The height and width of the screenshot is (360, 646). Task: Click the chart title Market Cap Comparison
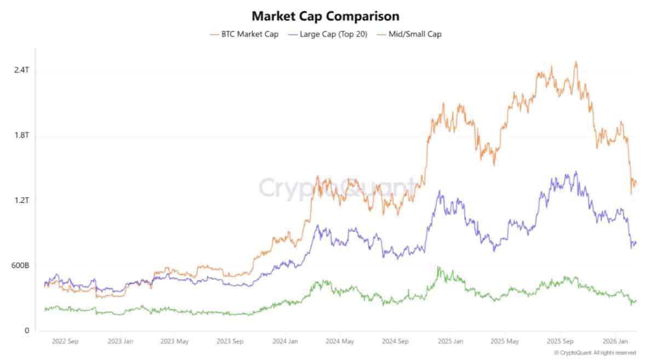click(x=326, y=16)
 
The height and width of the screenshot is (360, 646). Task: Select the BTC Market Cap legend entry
click(x=244, y=34)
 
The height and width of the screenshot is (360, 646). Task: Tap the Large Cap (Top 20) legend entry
click(x=328, y=34)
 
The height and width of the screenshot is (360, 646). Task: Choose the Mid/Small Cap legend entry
click(x=409, y=34)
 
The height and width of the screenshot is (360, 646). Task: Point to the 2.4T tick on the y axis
click(x=22, y=69)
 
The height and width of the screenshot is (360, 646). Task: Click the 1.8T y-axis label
click(x=22, y=135)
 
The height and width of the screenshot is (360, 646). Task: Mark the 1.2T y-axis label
click(x=22, y=200)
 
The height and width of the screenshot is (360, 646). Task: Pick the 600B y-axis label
click(x=20, y=265)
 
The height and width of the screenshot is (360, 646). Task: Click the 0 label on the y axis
click(x=27, y=330)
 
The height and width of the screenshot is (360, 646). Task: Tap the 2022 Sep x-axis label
click(x=65, y=341)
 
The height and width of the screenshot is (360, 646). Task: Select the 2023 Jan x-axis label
click(x=120, y=341)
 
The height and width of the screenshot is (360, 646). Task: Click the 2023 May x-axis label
click(x=174, y=341)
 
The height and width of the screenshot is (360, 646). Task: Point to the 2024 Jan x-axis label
click(x=285, y=341)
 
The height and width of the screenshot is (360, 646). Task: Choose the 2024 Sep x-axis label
click(x=395, y=341)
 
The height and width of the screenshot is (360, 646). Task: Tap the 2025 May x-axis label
click(x=505, y=341)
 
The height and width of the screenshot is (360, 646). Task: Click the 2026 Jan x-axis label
click(x=615, y=341)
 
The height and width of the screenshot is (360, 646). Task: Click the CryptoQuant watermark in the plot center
click(x=337, y=188)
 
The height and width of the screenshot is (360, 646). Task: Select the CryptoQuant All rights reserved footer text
click(x=595, y=352)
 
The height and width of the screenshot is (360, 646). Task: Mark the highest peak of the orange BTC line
click(x=576, y=62)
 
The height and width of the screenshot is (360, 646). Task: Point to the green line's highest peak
click(x=439, y=267)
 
